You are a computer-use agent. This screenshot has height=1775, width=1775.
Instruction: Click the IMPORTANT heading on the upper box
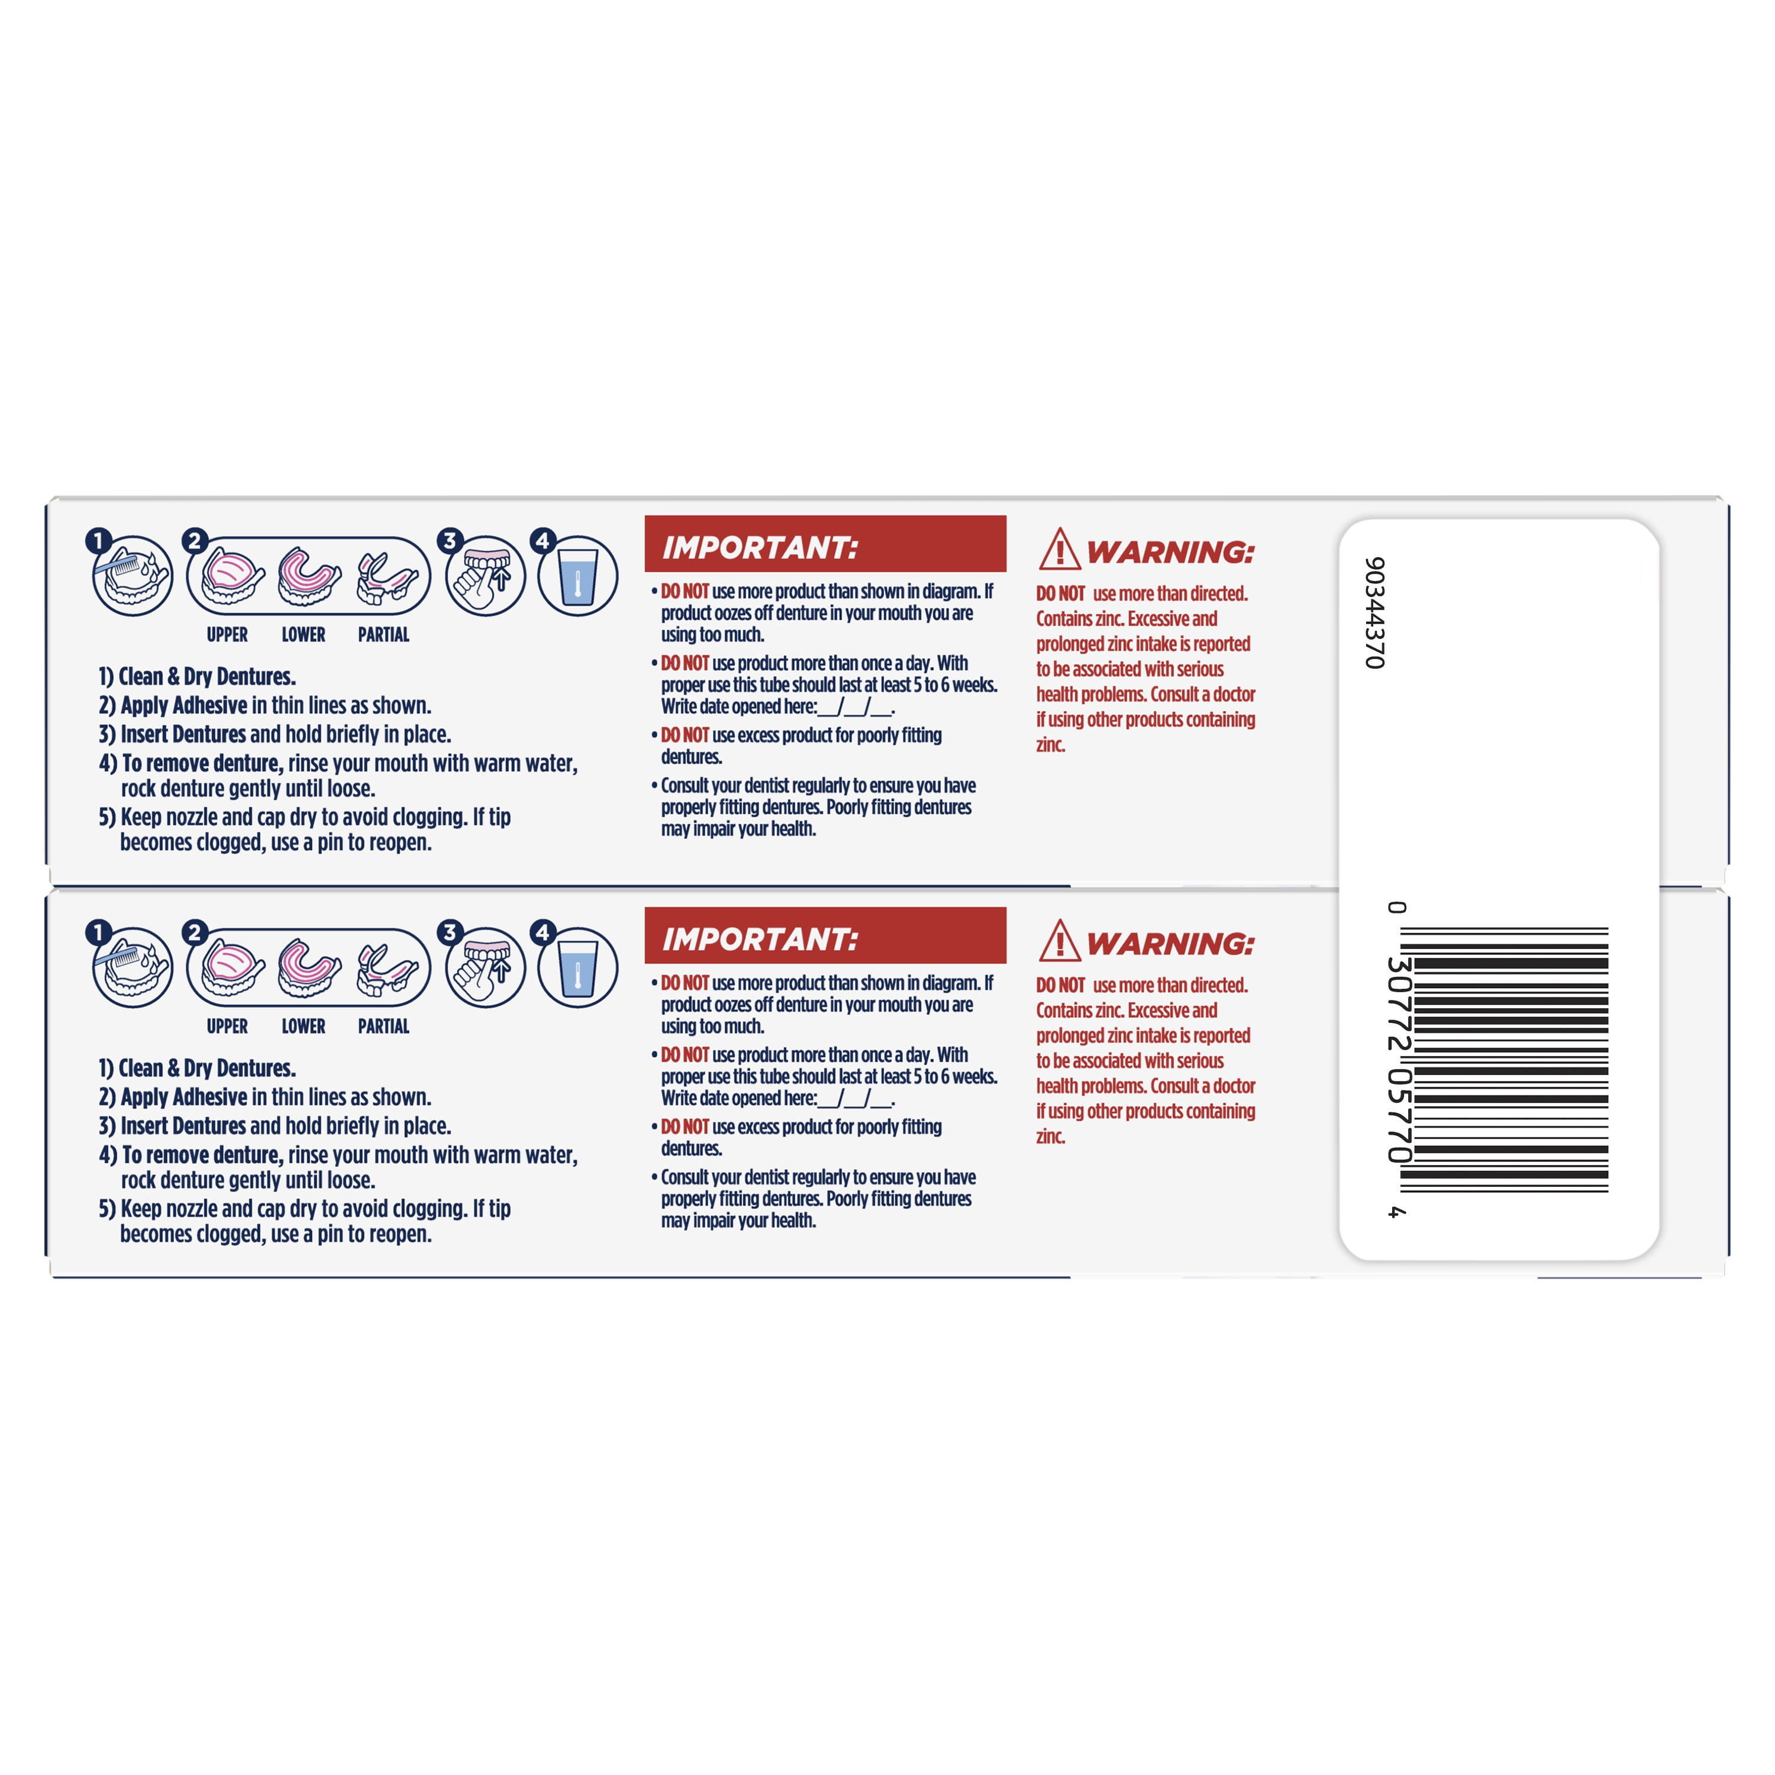tap(760, 548)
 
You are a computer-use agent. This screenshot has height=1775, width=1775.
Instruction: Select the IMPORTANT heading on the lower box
tap(760, 940)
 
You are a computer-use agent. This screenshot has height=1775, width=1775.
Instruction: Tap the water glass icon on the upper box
tap(578, 577)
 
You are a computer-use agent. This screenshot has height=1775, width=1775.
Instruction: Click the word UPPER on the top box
tap(227, 635)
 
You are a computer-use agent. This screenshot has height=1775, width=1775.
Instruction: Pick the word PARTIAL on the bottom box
tap(383, 1026)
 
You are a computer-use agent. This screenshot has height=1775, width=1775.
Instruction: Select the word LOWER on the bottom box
tap(303, 1026)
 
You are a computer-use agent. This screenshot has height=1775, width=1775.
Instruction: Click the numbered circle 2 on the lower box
tap(194, 932)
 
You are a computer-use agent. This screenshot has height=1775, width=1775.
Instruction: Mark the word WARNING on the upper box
tap(1170, 552)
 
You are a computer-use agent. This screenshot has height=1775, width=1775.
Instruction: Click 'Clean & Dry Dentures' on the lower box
tap(206, 1069)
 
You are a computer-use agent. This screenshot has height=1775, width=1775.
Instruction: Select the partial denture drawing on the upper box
tap(387, 579)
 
